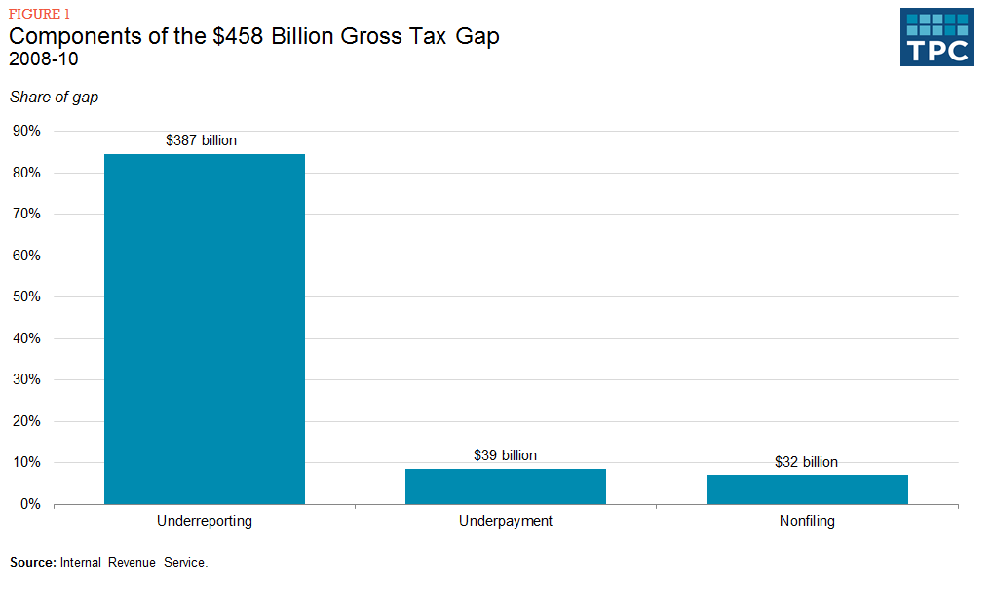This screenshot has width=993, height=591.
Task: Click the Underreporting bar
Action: [x=204, y=329]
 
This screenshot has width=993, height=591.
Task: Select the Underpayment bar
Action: [x=505, y=487]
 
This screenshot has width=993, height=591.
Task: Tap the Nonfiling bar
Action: [x=807, y=490]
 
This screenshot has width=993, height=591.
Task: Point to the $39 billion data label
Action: [x=505, y=455]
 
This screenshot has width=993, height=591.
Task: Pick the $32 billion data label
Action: [x=806, y=462]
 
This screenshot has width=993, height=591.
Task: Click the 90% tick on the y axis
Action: [x=27, y=131]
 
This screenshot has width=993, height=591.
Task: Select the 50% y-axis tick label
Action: [x=27, y=296]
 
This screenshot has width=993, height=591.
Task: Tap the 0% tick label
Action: [x=31, y=504]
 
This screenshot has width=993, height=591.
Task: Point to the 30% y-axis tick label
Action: [x=27, y=379]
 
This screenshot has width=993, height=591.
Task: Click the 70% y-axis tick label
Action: [x=27, y=214]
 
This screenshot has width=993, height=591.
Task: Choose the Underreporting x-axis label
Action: [x=204, y=521]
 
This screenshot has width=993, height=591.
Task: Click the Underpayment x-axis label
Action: [x=505, y=521]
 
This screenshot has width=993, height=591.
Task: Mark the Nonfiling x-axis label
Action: [x=807, y=521]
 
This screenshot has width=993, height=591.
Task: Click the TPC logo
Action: [x=936, y=37]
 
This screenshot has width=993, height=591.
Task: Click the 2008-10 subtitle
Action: [x=44, y=59]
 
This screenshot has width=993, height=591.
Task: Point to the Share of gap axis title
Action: [x=54, y=97]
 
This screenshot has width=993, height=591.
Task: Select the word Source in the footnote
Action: [x=33, y=563]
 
